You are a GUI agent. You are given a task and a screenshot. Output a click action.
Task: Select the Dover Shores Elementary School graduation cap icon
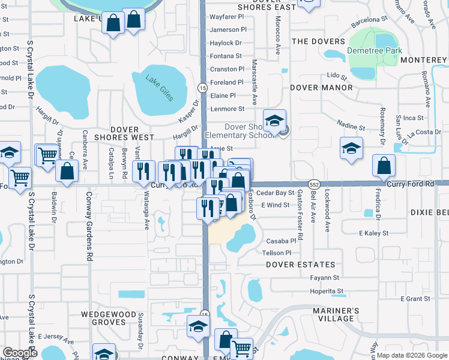274,122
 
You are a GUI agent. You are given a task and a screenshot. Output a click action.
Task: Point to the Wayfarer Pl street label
228,16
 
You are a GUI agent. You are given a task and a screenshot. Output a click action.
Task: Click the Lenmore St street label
228,109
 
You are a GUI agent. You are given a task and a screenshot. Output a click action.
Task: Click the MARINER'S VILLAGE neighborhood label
336,314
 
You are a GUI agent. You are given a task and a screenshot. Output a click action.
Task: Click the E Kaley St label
374,233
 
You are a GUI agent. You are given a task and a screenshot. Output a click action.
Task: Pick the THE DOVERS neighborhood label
315,41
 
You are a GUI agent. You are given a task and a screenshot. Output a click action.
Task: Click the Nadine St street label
352,127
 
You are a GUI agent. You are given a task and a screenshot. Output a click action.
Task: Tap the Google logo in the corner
20,353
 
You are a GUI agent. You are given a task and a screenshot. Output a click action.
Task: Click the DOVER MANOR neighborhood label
321,88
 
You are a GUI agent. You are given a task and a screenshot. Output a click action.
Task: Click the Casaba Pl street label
278,241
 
